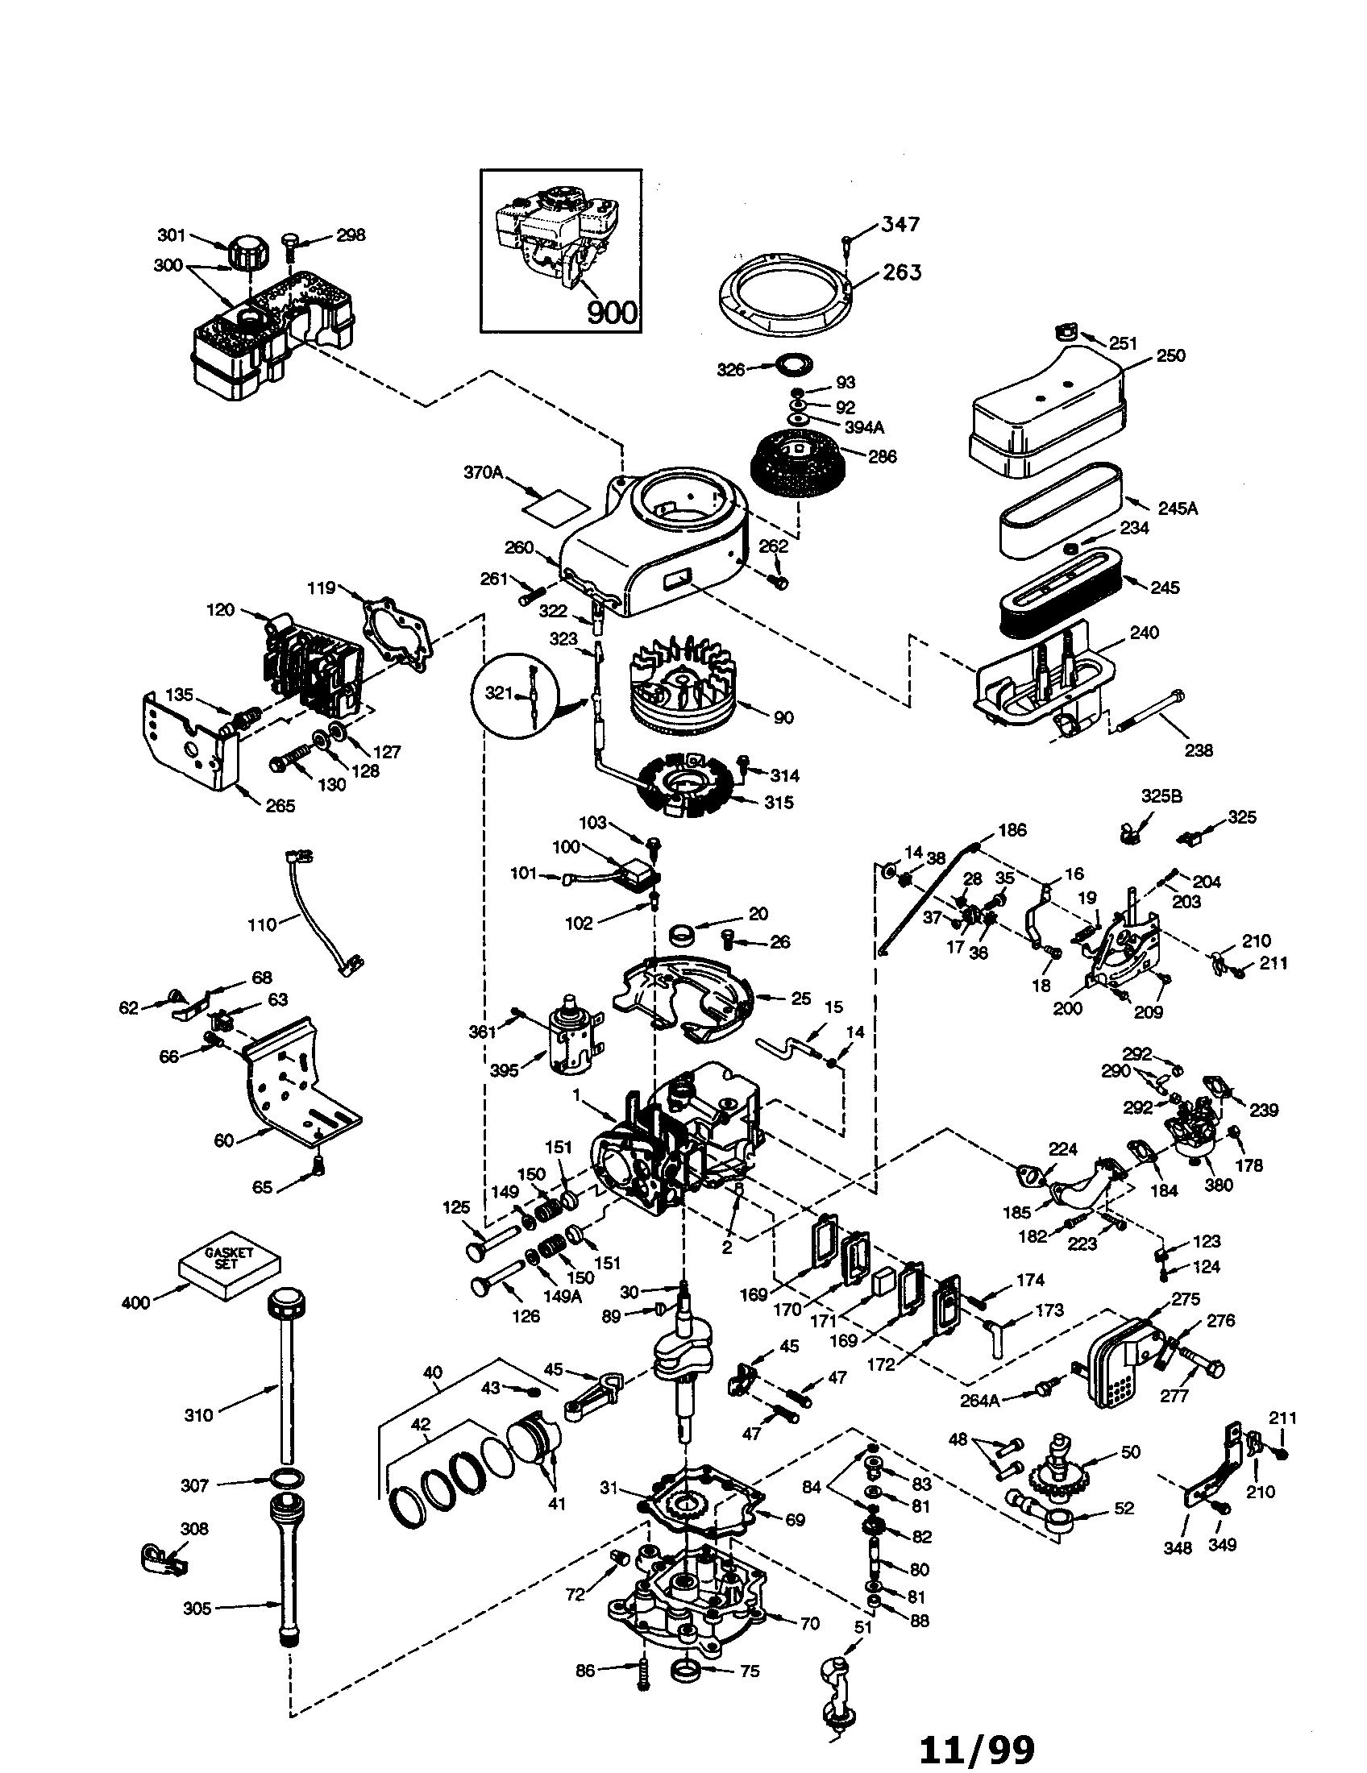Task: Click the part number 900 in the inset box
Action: pyautogui.click(x=611, y=312)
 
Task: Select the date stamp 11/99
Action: pyautogui.click(x=977, y=1744)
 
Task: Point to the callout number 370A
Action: pyautogui.click(x=482, y=471)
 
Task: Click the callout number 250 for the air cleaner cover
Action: pyautogui.click(x=1170, y=355)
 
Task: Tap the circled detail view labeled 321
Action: pyautogui.click(x=516, y=691)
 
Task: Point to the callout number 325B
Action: pyautogui.click(x=1161, y=796)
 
